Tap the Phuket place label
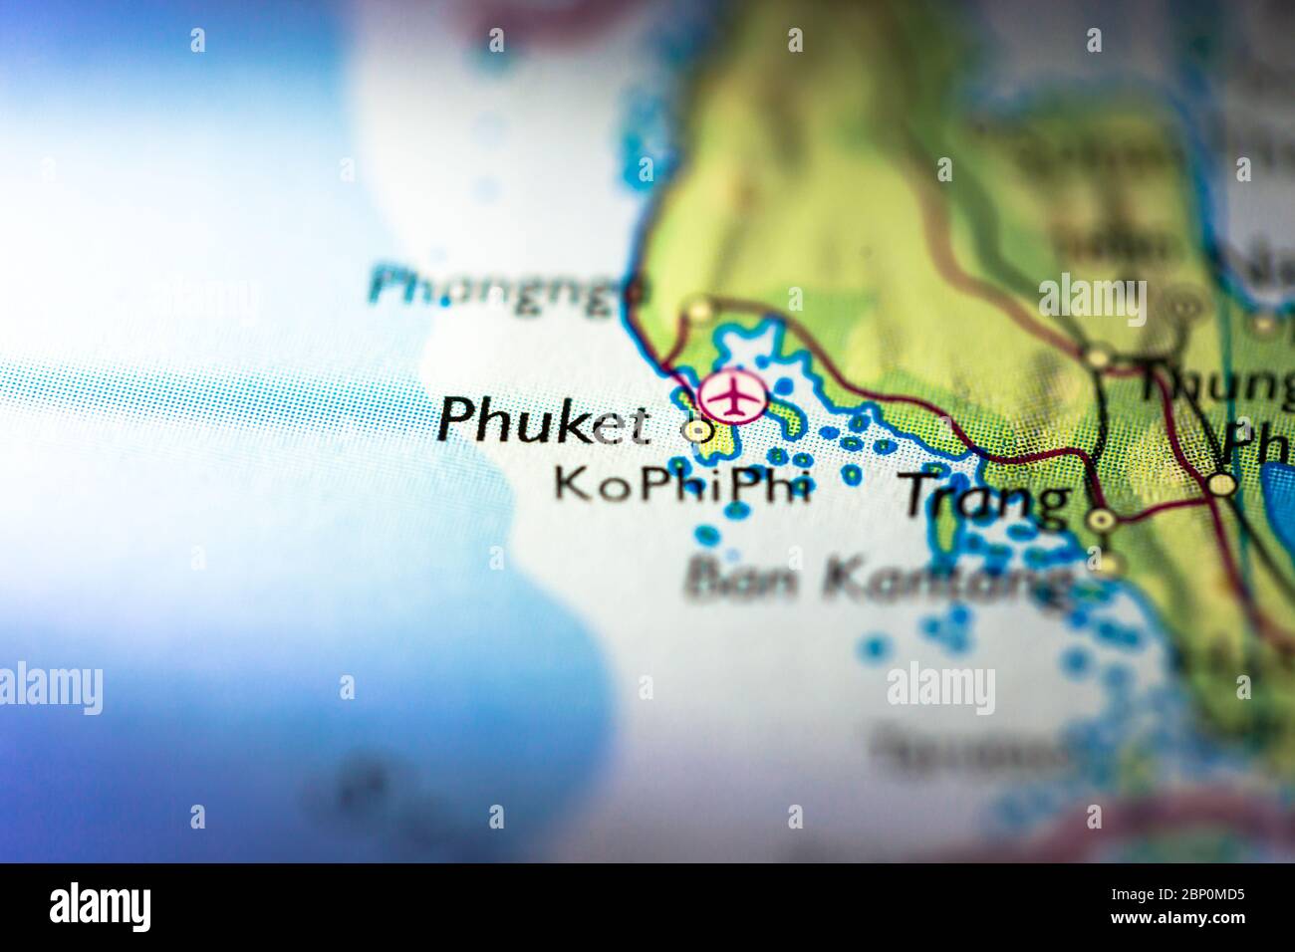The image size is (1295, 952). pos(542,420)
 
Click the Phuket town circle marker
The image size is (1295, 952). pos(697,431)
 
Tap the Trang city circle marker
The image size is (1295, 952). pos(1101,519)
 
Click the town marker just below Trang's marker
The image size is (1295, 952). pos(1107,566)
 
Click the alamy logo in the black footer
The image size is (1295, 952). pos(100,907)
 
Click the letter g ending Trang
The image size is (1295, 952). pos(1047,502)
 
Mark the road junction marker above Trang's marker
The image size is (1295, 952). pos(1098,356)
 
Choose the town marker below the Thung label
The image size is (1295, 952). pos(1222,485)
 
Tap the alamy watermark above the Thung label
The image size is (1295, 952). pos(1092,300)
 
